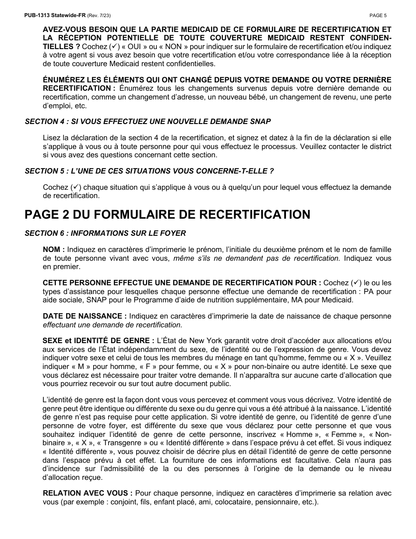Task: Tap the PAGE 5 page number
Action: pos(378,15)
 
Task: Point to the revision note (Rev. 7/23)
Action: pos(99,15)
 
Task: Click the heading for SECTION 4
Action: pos(148,121)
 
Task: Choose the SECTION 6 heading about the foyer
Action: pos(105,233)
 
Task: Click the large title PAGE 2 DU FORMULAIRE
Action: pos(167,214)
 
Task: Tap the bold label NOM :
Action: pos(53,249)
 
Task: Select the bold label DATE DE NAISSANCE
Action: pos(85,316)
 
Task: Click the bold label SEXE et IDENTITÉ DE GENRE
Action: pos(98,341)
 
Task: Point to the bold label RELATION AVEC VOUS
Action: pos(88,493)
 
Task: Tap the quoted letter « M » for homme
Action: pos(81,366)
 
